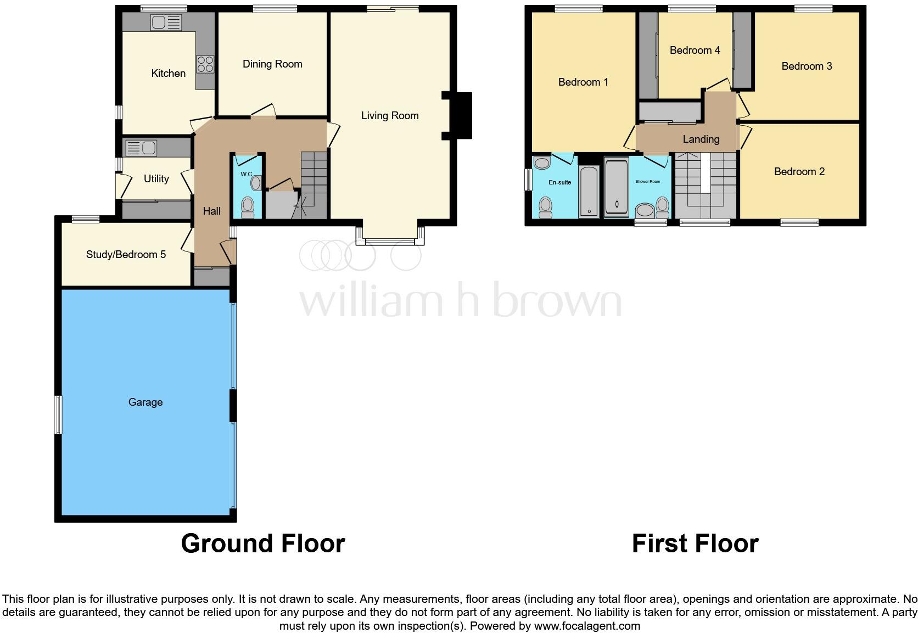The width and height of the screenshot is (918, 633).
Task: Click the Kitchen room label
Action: click(x=168, y=73)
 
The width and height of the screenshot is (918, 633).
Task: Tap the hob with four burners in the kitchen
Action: click(x=205, y=64)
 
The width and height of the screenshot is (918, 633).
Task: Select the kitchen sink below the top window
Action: click(x=166, y=23)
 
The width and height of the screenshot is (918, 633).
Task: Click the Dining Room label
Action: click(x=272, y=64)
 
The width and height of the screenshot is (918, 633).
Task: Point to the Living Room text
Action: click(x=389, y=115)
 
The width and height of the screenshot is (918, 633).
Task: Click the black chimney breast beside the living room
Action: click(x=461, y=116)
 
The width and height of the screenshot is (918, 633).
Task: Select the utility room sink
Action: click(x=141, y=148)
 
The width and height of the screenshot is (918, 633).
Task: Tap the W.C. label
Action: click(x=247, y=174)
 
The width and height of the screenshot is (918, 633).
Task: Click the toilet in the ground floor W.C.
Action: click(x=248, y=206)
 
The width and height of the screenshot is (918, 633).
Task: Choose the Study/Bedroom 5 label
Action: click(x=126, y=254)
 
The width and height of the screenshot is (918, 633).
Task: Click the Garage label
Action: click(x=145, y=402)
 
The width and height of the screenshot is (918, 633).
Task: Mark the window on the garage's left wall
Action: click(x=57, y=414)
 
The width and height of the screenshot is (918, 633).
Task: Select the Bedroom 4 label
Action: click(x=695, y=50)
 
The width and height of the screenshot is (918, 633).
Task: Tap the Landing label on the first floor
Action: click(x=701, y=139)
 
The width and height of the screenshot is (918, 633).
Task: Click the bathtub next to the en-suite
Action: click(x=589, y=192)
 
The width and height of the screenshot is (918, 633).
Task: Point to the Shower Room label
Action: click(x=647, y=181)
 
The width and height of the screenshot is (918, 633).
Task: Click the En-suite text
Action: click(x=559, y=182)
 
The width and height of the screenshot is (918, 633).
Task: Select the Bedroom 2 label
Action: click(x=799, y=171)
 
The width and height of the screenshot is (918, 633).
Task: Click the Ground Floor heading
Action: click(x=262, y=543)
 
